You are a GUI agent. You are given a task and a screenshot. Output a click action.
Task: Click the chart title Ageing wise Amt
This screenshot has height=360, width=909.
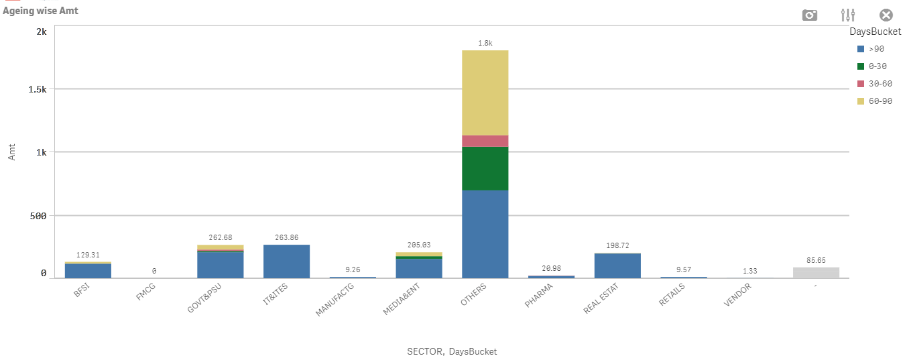(41, 11)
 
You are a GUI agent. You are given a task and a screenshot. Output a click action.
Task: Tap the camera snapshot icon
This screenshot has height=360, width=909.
(810, 15)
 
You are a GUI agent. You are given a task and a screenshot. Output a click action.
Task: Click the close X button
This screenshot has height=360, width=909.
(886, 15)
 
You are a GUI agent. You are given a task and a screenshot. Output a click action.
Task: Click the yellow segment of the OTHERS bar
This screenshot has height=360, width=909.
(485, 93)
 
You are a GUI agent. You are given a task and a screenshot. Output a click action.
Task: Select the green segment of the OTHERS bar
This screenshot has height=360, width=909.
(485, 168)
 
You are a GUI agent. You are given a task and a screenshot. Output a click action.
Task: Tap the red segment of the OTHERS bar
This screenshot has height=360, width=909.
(485, 141)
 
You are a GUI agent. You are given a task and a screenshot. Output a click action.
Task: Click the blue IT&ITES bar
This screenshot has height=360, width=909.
(286, 261)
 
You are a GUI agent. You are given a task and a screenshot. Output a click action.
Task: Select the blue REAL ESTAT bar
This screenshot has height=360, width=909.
(617, 265)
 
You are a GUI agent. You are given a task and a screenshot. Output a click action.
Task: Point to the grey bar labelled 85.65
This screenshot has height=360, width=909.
(816, 272)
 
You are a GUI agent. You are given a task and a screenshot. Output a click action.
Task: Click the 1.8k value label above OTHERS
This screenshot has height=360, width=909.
(485, 43)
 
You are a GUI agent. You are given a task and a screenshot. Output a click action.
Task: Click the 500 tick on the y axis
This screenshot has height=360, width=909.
(38, 216)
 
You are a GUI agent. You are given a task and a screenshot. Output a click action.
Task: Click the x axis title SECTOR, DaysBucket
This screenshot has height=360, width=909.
(452, 351)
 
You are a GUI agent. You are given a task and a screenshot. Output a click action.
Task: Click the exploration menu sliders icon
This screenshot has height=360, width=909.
(848, 15)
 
